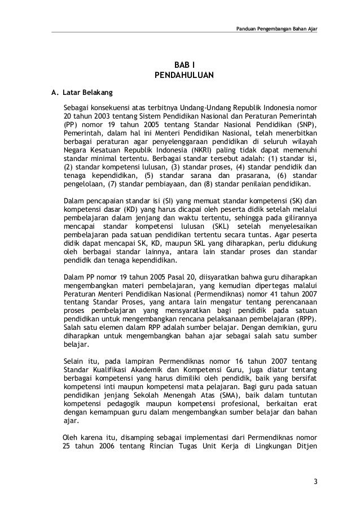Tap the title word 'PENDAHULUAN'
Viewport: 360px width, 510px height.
[x=180, y=76]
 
